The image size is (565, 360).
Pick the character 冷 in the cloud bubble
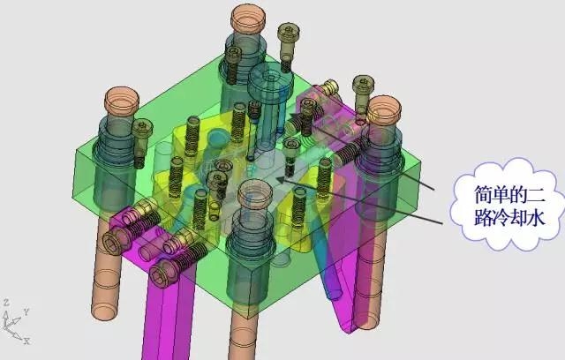[x=501, y=217]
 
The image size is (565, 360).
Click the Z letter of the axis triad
[x=6, y=302]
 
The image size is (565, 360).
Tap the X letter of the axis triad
[x=26, y=341]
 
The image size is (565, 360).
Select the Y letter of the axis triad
[x=26, y=311]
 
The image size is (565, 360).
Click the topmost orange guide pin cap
[x=248, y=18]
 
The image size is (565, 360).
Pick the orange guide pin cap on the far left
[x=122, y=100]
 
